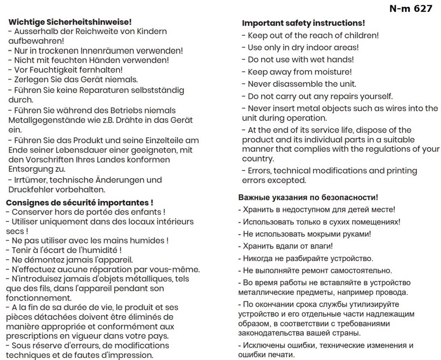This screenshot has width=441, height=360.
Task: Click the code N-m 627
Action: pos(411,9)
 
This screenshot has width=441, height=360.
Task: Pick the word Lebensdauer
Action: pos(78,150)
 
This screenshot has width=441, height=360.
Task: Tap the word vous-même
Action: pos(176,270)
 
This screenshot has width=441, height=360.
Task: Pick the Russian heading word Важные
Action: pos(254,198)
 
